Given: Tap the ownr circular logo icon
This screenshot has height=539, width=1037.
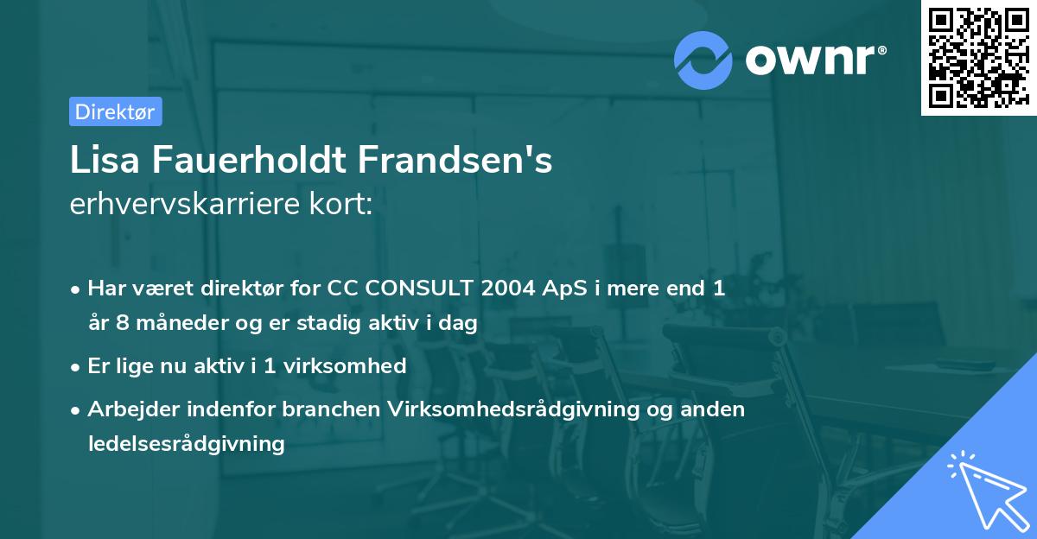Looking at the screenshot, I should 703,60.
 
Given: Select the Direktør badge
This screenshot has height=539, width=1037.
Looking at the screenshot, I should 116,111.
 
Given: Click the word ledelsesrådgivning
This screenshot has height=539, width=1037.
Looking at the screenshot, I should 186,443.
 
